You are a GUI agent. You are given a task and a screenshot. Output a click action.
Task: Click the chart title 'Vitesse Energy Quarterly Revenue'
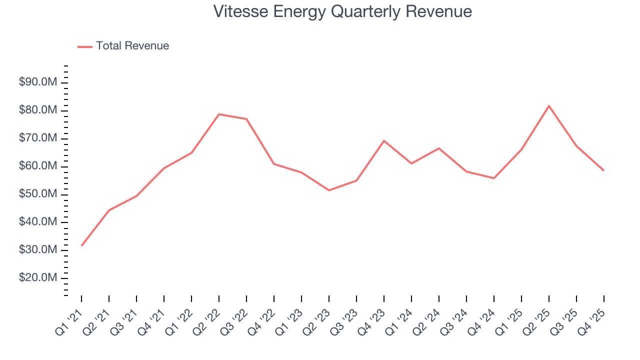[342, 11]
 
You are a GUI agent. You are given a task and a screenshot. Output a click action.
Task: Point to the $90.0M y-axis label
[38, 82]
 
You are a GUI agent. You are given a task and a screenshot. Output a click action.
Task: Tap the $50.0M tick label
[38, 194]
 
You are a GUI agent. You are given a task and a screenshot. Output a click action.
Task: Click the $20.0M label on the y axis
[38, 278]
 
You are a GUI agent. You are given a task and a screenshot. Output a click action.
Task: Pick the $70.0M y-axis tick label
[38, 138]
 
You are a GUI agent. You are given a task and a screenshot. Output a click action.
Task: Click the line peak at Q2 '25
[549, 106]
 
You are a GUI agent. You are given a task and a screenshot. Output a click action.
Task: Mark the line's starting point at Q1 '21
[81, 245]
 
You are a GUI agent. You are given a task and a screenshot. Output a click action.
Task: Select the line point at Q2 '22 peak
[219, 114]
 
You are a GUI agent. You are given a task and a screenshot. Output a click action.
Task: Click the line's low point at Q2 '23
[329, 190]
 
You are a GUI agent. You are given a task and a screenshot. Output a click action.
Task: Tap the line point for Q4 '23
[384, 140]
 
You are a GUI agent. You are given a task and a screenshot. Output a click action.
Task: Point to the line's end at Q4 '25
[603, 170]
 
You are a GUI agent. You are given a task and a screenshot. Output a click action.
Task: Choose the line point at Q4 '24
[494, 178]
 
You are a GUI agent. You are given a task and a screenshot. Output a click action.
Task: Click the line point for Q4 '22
[274, 164]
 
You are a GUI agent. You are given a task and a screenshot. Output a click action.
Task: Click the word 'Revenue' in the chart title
[438, 11]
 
